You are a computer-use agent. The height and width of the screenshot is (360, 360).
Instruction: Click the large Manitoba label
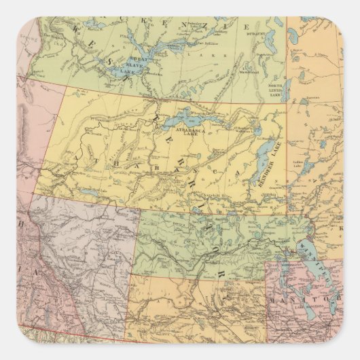313,298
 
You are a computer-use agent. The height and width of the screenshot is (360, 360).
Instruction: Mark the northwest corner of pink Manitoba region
267,263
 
